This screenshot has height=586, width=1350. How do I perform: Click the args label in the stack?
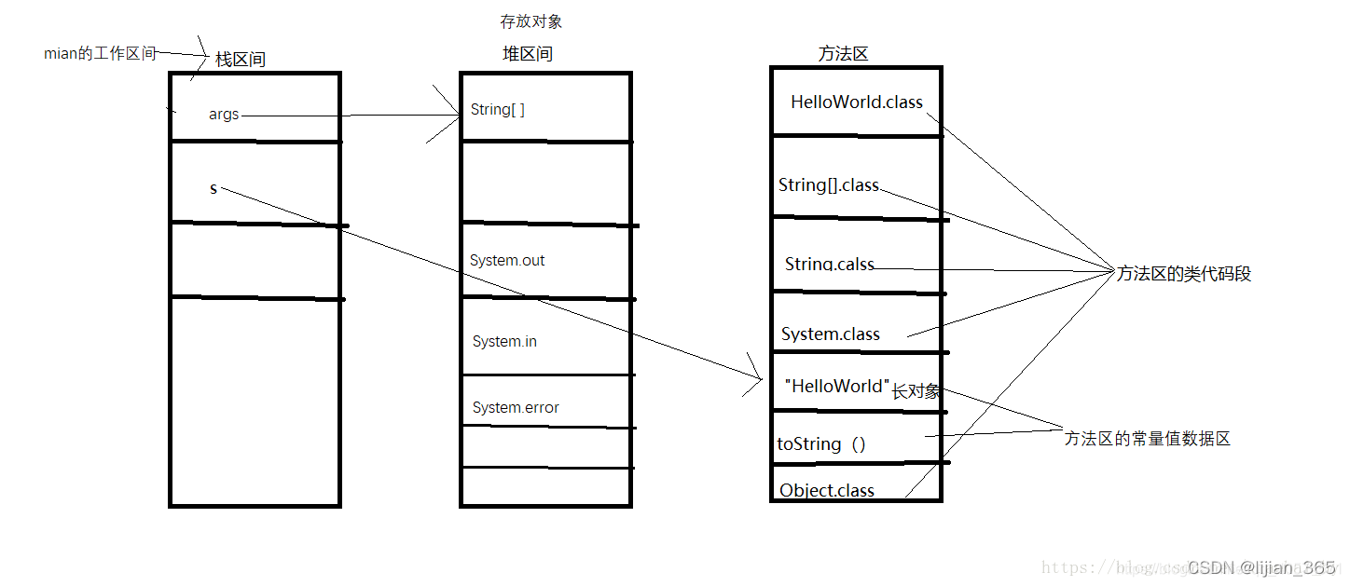coord(224,115)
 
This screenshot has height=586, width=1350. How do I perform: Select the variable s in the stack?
coord(214,189)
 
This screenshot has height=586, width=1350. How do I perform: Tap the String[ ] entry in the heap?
coord(497,110)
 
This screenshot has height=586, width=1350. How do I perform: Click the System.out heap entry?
coord(507,261)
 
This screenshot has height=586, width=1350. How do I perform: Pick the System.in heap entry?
coord(504,342)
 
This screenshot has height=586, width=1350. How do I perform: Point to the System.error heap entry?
coord(516,408)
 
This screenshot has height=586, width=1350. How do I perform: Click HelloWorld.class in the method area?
coord(856,102)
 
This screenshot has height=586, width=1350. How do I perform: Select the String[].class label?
coord(829,185)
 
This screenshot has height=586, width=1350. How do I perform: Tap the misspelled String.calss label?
coord(830,265)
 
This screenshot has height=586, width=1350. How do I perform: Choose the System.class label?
coord(830,334)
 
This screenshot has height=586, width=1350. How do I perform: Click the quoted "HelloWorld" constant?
coord(837,387)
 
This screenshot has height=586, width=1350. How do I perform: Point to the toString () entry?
coord(821,444)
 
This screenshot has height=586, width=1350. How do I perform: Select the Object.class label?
coord(827,490)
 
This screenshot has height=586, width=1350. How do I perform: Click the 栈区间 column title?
coord(241,60)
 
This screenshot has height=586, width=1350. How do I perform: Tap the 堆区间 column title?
coord(528,54)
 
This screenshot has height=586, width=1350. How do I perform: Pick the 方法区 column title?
coord(843,54)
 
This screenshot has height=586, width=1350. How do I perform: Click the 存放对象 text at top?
coord(531,21)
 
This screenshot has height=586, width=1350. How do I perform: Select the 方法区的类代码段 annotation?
coord(1183,274)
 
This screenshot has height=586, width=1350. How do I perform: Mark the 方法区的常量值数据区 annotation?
coord(1147,439)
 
